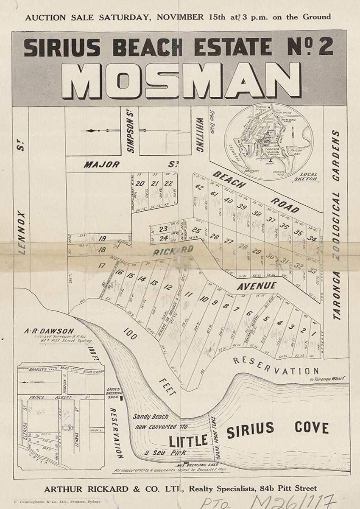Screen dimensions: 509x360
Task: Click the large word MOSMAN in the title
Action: [x=181, y=81]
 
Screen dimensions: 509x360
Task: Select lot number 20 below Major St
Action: [x=140, y=183]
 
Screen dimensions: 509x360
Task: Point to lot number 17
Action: [x=101, y=266]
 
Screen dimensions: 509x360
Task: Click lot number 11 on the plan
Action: [x=189, y=294]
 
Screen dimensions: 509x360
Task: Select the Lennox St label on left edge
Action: [x=22, y=212]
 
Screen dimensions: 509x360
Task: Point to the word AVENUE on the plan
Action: [x=257, y=286]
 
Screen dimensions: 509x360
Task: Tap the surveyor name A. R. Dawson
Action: [x=55, y=331]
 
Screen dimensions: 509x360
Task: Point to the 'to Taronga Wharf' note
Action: [x=327, y=379]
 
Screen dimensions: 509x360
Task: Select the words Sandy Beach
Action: [x=150, y=417]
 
